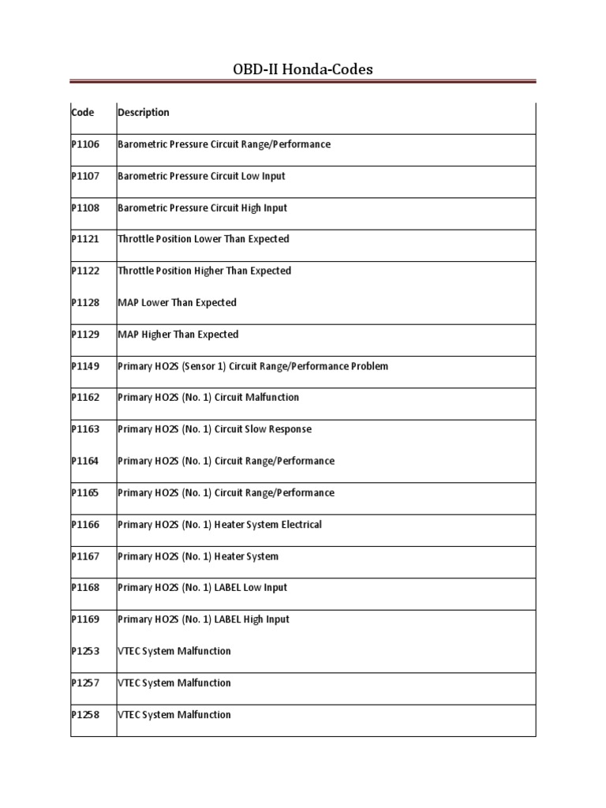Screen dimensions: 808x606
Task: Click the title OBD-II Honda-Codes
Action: tap(303, 69)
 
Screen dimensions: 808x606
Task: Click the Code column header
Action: tap(83, 112)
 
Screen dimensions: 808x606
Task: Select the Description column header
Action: tap(143, 112)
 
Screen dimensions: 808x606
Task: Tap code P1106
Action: tap(85, 144)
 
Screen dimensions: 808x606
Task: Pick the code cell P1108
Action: tap(85, 208)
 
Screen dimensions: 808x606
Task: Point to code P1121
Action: tap(85, 239)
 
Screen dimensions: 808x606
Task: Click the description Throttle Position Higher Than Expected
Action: tap(204, 271)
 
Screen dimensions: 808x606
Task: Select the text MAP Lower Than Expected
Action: tap(177, 303)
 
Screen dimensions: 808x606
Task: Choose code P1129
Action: tap(85, 335)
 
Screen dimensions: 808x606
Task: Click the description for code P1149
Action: tap(252, 366)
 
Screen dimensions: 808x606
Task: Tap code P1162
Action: tap(85, 398)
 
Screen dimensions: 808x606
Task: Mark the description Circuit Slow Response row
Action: tap(215, 429)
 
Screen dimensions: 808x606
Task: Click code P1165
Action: tap(85, 493)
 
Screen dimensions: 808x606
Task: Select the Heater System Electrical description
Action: tap(219, 525)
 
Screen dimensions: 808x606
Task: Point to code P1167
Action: tap(85, 556)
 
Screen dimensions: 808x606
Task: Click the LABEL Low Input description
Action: tap(202, 588)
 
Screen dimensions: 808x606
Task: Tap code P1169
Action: tap(85, 619)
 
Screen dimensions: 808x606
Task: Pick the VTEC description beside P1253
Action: tap(174, 651)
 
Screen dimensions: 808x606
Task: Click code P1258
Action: tap(85, 715)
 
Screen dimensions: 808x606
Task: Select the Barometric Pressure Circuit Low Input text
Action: tap(201, 176)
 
